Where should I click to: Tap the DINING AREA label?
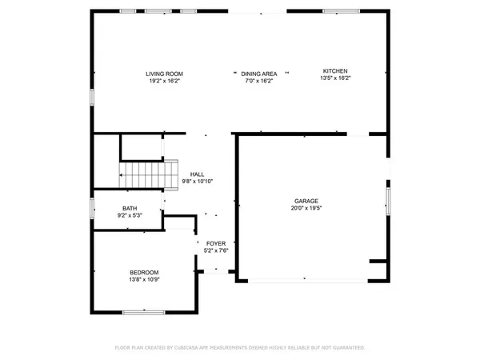[x=260, y=74]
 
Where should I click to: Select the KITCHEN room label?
[x=335, y=70]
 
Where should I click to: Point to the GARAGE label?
[x=306, y=201]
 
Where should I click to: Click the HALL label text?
[x=197, y=174]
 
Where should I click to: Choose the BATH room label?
[x=129, y=208]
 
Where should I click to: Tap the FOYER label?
[x=216, y=243]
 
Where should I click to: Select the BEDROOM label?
[x=144, y=272]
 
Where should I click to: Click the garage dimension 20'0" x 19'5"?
[x=306, y=208]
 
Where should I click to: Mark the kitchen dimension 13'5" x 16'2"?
[x=335, y=78]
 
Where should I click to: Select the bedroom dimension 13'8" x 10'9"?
[x=144, y=280]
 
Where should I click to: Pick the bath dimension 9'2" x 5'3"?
[x=129, y=215]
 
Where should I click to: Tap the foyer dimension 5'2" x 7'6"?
[x=216, y=250]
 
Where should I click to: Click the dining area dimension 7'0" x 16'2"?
[x=260, y=80]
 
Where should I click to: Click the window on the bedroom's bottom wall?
[x=144, y=311]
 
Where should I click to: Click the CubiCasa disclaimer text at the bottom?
[x=240, y=348]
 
